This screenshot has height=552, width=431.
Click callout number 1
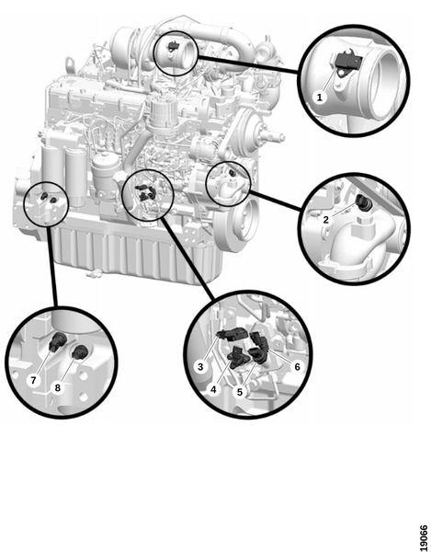click(x=320, y=97)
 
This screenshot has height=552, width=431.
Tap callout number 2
click(x=326, y=219)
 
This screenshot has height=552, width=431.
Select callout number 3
click(x=200, y=366)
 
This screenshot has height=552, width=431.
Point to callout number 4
click(x=213, y=389)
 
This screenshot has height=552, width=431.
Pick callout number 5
click(x=240, y=392)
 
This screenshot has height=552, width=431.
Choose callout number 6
click(x=298, y=367)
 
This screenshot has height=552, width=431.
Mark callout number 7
click(x=33, y=380)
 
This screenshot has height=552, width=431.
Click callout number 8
click(x=58, y=387)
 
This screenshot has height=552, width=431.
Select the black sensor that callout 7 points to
click(x=58, y=341)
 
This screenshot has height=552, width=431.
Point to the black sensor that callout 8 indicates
click(x=81, y=351)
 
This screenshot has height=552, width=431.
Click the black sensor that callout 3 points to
click(x=233, y=334)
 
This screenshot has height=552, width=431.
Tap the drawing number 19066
click(x=425, y=536)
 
